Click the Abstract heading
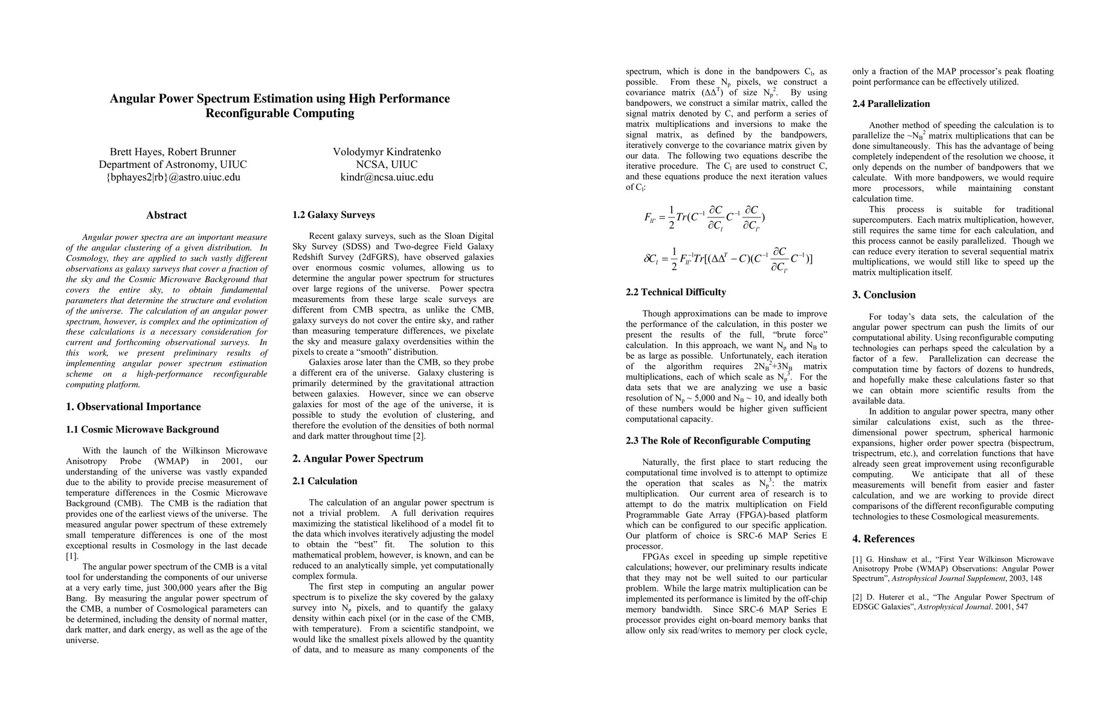coord(166,215)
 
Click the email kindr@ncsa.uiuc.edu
coord(387,177)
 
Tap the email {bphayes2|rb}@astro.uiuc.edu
coord(173,177)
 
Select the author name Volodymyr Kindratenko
coord(387,152)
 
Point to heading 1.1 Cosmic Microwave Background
coord(142,430)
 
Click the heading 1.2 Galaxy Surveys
coord(333,214)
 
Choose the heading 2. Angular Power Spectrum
coord(358,459)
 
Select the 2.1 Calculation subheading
coord(324,481)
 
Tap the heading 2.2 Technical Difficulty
coord(675,292)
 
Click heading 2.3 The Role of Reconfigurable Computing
coord(718,440)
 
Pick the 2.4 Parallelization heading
coord(891,104)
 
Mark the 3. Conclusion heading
coord(884,295)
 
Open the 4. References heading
coord(883,539)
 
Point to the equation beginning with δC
coord(727,259)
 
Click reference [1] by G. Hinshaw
coord(953,569)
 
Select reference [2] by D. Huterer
coord(953,602)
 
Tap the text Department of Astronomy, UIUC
coord(173,164)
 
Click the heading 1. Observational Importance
coord(133,407)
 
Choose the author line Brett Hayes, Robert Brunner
coord(173,152)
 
